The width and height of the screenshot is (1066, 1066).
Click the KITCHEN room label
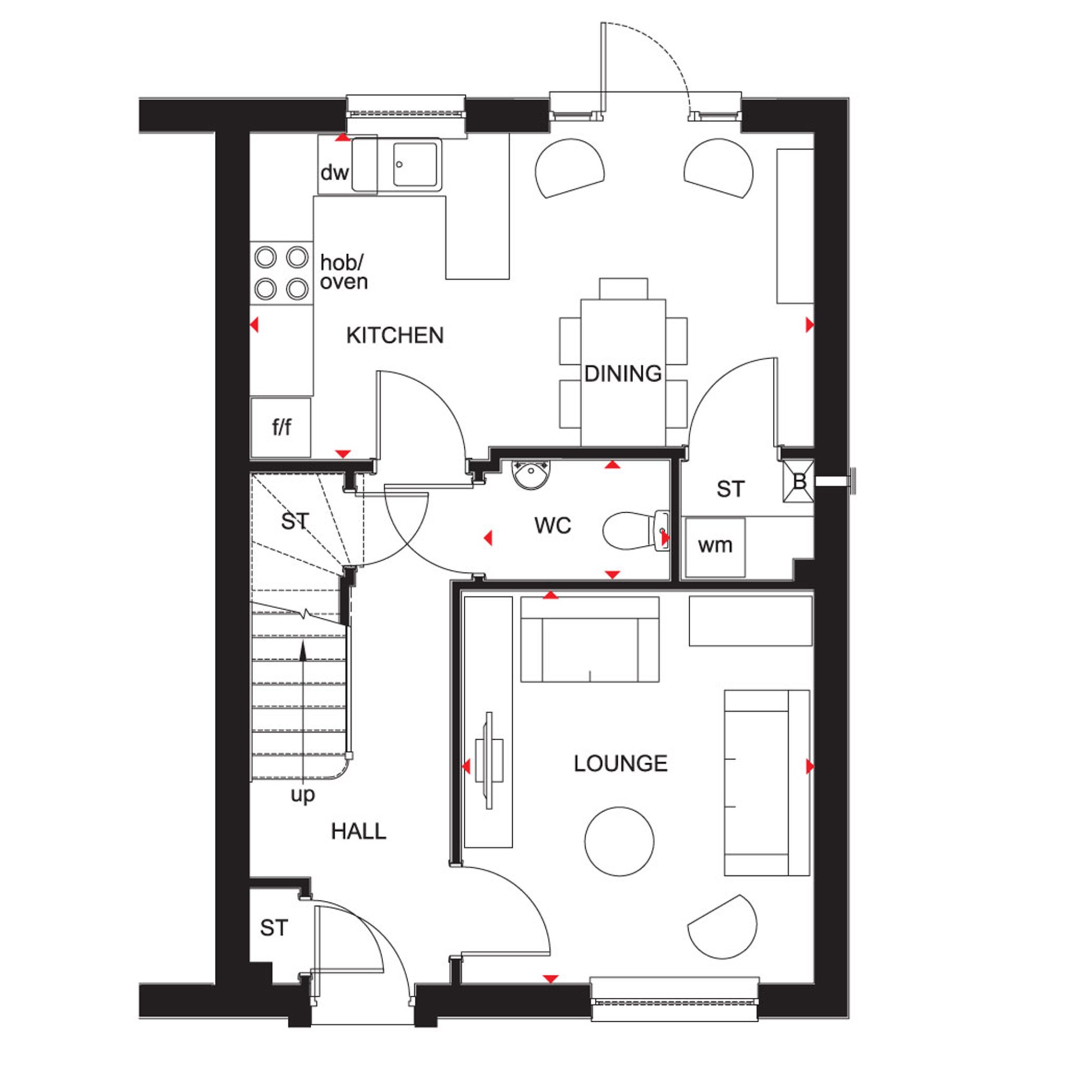click(x=394, y=335)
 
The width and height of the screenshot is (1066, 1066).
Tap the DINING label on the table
click(x=623, y=374)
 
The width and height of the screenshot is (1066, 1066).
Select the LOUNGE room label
click(x=621, y=764)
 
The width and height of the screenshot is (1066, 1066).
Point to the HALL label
click(x=359, y=831)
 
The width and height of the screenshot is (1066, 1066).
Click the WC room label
click(x=553, y=526)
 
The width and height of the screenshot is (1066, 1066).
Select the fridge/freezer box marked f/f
click(x=281, y=427)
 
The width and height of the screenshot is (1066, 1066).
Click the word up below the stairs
click(x=303, y=795)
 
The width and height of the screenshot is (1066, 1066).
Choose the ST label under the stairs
click(x=295, y=521)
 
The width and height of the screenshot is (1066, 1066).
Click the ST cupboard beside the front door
click(x=274, y=928)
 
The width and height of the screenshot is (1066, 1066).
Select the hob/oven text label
click(x=343, y=272)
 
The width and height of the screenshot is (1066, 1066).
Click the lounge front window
click(x=674, y=1000)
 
